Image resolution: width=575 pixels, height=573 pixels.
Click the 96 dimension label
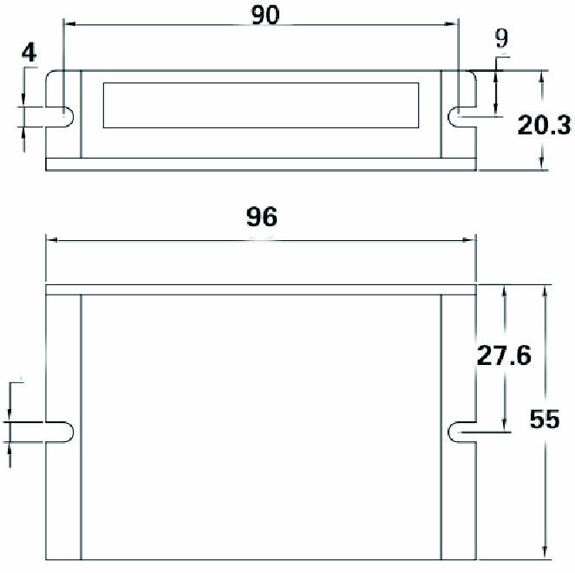click(x=261, y=217)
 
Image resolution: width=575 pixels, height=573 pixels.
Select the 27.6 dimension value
click(x=504, y=356)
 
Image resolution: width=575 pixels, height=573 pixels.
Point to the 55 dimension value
click(x=544, y=420)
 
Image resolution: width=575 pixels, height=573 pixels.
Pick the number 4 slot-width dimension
click(x=29, y=53)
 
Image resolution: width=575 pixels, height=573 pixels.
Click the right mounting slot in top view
click(x=461, y=115)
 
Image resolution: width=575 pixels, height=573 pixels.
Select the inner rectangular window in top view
click(x=261, y=106)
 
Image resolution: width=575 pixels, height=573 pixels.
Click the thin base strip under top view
click(x=261, y=165)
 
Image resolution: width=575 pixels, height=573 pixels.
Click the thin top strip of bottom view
click(x=261, y=289)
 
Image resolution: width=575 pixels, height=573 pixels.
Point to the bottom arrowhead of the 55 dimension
click(x=545, y=552)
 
